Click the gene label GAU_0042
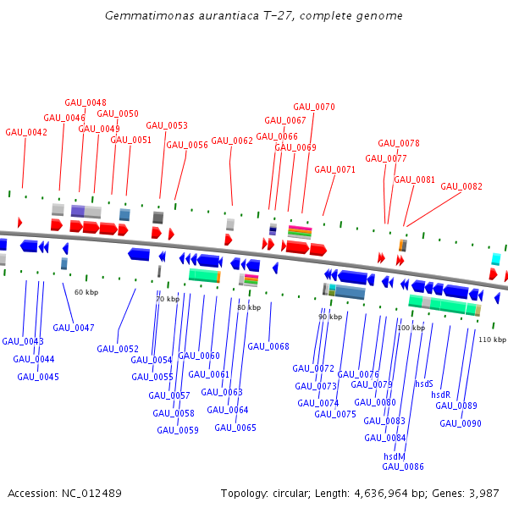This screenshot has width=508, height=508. point(26,132)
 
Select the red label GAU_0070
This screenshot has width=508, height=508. point(314,107)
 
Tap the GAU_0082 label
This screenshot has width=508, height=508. point(461,186)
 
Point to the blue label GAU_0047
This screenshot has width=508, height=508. point(74,327)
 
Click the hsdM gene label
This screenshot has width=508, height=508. point(395,456)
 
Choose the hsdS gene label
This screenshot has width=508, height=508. point(424,384)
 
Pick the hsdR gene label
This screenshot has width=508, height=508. point(441,395)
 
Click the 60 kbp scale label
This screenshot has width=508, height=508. point(86,292)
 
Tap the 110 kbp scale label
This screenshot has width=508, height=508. point(492,340)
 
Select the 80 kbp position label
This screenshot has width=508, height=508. point(249,307)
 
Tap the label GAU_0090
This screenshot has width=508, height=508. point(461,423)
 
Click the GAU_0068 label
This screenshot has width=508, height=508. point(268,346)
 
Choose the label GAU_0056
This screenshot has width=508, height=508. point(187,145)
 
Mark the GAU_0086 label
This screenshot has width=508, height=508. point(403,467)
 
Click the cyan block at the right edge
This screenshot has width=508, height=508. point(497,259)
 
